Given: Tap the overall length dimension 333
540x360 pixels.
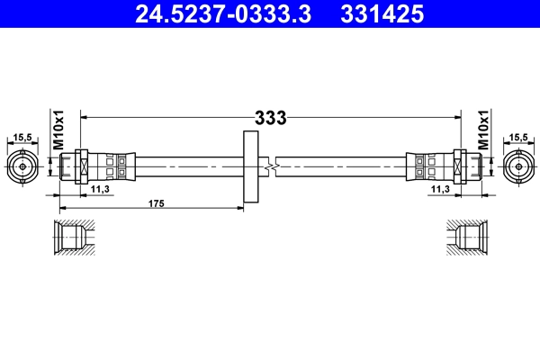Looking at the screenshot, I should tap(270, 117).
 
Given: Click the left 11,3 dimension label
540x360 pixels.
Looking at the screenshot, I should tap(102, 190).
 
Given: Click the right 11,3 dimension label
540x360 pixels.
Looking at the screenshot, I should tap(439, 190).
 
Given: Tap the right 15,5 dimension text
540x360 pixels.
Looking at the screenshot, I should tap(518, 137).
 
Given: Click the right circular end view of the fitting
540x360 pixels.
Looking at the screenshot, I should tap(518, 166).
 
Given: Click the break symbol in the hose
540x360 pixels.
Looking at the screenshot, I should tap(270, 166).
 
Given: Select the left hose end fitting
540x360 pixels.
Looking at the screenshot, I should tap(97, 166).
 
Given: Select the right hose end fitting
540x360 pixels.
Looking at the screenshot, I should tap(443, 166).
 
